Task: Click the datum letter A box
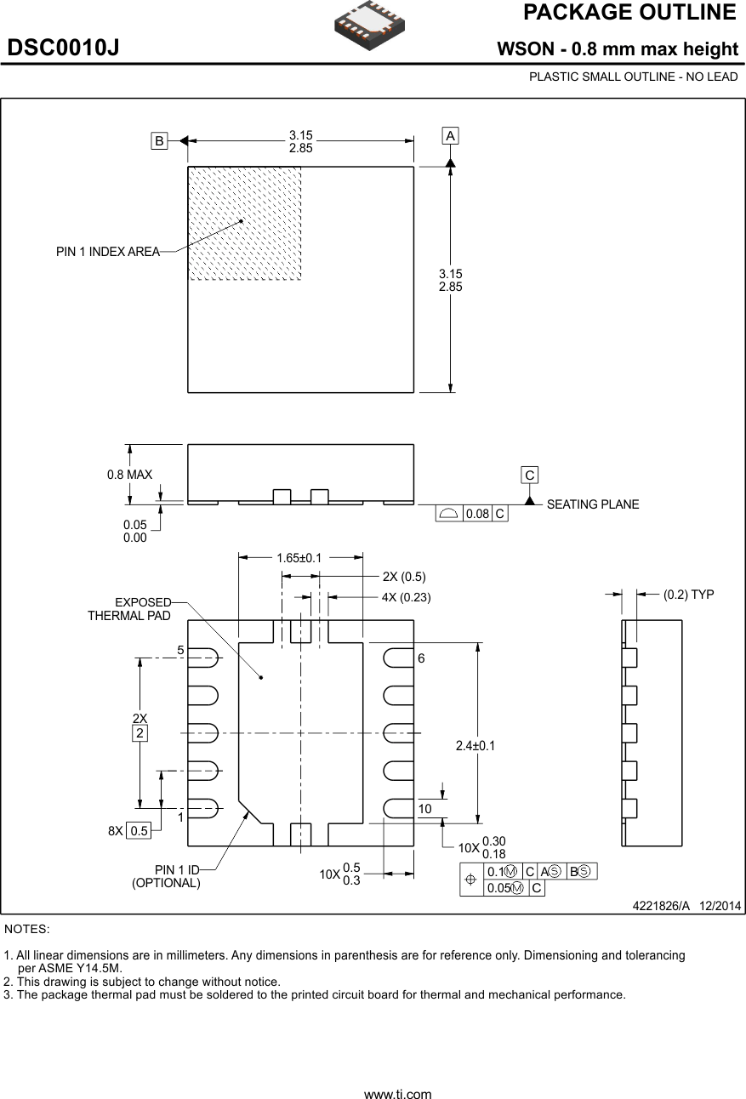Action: [450, 136]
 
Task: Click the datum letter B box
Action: [159, 142]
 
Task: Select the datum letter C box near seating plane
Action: [530, 475]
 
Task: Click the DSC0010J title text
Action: [63, 48]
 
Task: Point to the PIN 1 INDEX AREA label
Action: [107, 252]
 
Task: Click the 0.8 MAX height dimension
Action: [129, 475]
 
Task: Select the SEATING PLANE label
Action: [592, 504]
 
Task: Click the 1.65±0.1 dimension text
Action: [299, 558]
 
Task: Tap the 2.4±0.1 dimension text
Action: [476, 746]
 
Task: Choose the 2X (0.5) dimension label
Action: [403, 576]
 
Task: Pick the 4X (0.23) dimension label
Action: [406, 597]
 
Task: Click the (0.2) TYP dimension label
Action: [688, 595]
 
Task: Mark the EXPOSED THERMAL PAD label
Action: [130, 609]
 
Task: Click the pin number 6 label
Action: [421, 658]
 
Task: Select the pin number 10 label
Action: [425, 808]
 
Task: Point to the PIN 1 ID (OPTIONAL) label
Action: [167, 876]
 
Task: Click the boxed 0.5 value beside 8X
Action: [139, 831]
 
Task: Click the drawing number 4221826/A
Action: [660, 906]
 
